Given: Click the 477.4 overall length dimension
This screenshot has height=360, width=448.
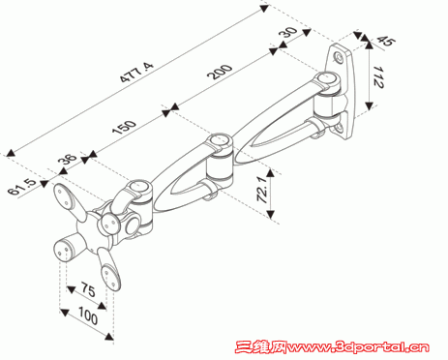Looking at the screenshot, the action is click(x=136, y=73).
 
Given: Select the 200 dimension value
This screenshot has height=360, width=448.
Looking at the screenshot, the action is click(x=220, y=72).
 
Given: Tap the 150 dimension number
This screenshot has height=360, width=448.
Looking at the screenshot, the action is click(x=124, y=127).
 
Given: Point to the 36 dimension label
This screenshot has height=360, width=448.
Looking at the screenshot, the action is click(x=68, y=159).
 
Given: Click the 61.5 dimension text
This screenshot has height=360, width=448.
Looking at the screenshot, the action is click(x=22, y=187).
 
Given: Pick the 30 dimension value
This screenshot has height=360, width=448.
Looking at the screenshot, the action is click(x=288, y=32).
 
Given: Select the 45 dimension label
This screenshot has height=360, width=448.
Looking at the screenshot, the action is click(x=386, y=41).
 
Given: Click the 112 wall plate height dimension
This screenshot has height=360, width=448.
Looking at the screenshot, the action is click(x=377, y=77).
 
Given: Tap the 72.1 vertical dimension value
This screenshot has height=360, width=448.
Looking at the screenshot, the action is click(x=263, y=189).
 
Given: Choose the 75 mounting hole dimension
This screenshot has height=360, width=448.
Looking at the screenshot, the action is click(x=88, y=289).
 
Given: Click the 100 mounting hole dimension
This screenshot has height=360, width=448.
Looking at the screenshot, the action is click(x=88, y=315).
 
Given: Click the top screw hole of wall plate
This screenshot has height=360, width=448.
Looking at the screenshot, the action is click(x=340, y=57).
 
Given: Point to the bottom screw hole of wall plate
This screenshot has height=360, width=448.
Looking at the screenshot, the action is click(x=339, y=128).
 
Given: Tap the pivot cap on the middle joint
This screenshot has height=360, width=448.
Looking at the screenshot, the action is click(x=219, y=140).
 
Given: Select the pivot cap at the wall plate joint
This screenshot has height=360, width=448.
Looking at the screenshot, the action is click(x=326, y=78).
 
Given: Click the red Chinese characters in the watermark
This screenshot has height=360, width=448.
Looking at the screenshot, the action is click(x=261, y=347).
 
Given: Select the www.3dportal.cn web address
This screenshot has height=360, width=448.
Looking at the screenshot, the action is click(x=358, y=347).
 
